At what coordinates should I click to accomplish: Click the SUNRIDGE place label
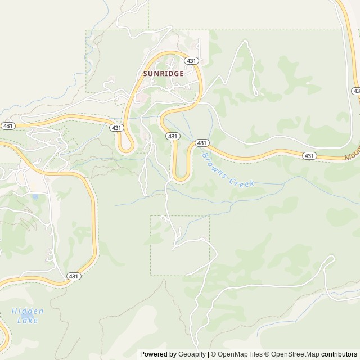[x=164, y=73]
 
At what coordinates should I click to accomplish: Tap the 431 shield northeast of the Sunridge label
[x=192, y=61]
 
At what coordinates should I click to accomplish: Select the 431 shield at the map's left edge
[x=8, y=125]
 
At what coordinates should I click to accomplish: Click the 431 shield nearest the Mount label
[x=309, y=155]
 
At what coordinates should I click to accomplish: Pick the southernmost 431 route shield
[x=74, y=276]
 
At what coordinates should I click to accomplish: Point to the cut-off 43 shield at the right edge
[x=355, y=91]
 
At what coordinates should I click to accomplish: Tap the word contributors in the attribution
[x=339, y=354]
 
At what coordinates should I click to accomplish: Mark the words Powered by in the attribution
[x=157, y=354]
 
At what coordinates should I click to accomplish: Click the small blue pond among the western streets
[x=35, y=197]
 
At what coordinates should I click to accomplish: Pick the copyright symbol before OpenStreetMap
[x=267, y=354]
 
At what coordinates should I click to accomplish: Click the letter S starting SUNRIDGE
[x=146, y=73]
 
